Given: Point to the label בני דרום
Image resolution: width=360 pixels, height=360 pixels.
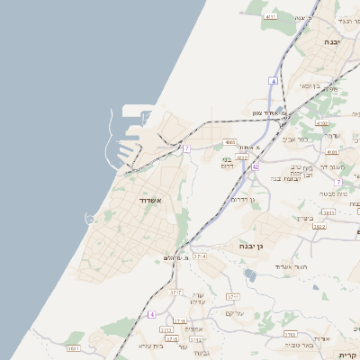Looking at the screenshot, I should click(x=227, y=163).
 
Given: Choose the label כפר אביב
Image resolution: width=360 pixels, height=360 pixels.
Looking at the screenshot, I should click(x=295, y=139).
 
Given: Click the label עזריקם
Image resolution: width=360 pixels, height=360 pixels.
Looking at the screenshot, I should click(x=236, y=313).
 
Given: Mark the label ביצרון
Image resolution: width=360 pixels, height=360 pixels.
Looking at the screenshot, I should click(x=306, y=219).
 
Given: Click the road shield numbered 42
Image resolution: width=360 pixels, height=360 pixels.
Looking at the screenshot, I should click(x=256, y=166).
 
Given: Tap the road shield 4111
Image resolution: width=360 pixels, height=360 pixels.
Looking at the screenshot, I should click(x=270, y=16).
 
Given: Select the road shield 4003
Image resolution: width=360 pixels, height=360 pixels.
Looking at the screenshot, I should click(x=229, y=142).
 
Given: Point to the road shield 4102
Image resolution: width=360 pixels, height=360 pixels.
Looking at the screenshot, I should click(x=321, y=123).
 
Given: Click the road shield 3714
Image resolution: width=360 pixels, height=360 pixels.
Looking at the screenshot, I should click(x=199, y=256).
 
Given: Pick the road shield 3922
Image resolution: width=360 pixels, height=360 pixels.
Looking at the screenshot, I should click(x=319, y=226).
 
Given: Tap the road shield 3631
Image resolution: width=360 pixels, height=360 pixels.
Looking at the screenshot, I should click(x=74, y=348).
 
